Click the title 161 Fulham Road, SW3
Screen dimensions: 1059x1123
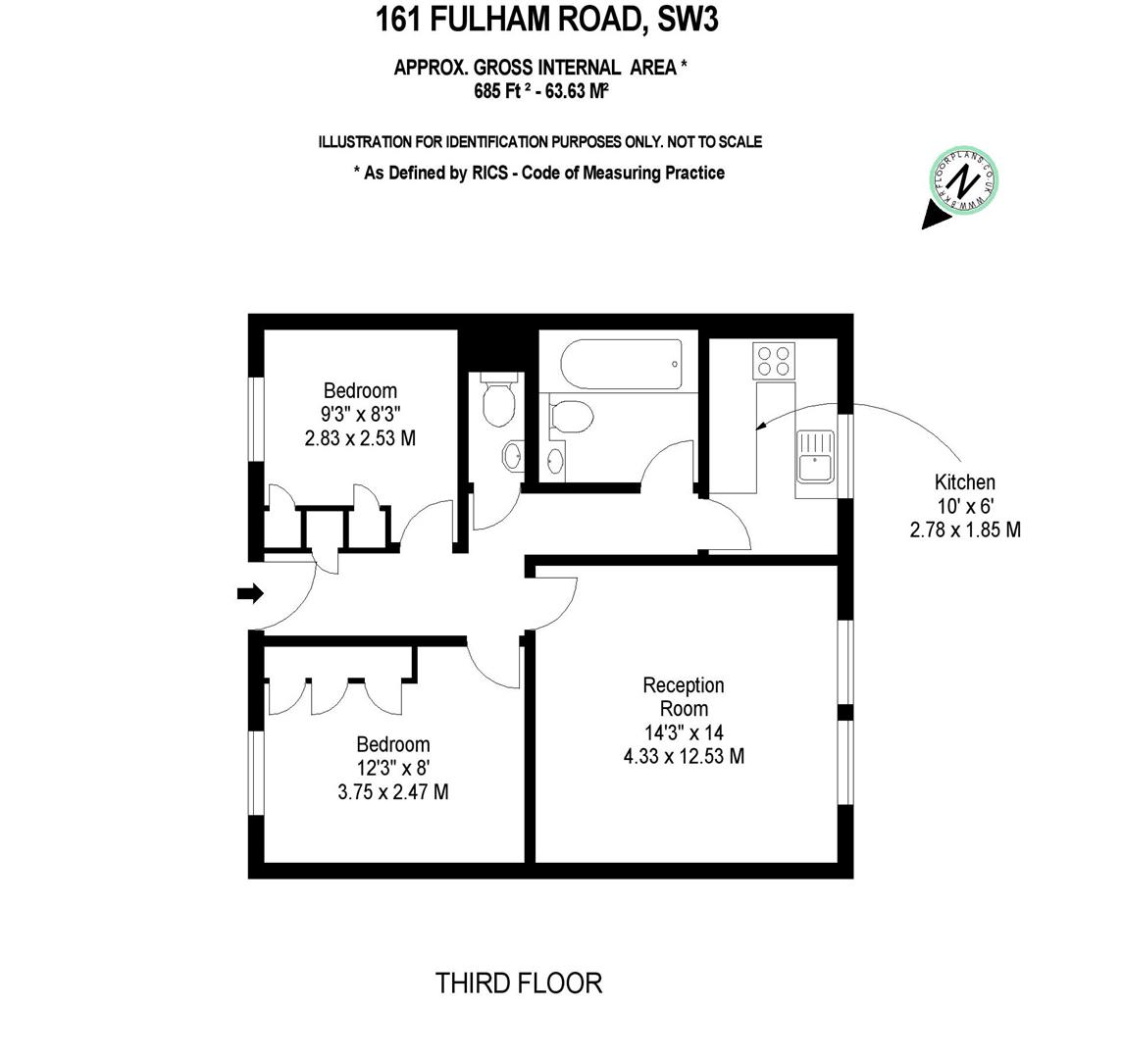547,20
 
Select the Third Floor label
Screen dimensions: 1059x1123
519,983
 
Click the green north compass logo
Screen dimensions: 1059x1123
963,182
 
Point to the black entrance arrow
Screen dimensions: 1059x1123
251,593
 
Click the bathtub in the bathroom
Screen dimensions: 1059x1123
621,365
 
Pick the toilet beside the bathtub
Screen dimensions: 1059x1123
571,416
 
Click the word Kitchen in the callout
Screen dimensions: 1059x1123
964,482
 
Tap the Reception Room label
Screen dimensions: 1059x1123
684,696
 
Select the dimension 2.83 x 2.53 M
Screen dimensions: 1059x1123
361,438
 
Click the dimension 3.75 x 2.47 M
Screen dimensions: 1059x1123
393,791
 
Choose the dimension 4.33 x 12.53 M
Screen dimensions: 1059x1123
684,756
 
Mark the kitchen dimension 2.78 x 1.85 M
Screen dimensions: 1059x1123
965,529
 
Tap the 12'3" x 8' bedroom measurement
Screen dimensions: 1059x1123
393,768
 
